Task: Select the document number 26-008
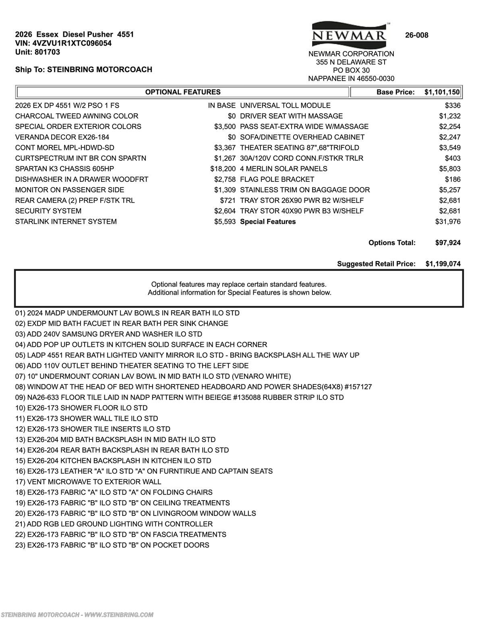point(416,35)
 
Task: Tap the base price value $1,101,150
point(442,92)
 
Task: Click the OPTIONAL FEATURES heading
point(183,92)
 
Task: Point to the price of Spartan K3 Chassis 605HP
point(223,169)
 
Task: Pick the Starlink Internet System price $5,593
point(225,222)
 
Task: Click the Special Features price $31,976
point(448,222)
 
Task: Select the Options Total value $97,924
point(448,243)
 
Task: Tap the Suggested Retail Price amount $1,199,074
point(443,264)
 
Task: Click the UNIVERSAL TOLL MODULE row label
point(285,106)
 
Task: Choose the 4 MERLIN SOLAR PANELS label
point(283,169)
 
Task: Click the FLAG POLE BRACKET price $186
point(453,179)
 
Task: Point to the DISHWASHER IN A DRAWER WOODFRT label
point(82,179)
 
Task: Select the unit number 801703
point(47,52)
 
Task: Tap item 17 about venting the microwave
point(88,482)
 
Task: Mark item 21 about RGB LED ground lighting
point(114,524)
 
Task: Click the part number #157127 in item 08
point(358,387)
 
